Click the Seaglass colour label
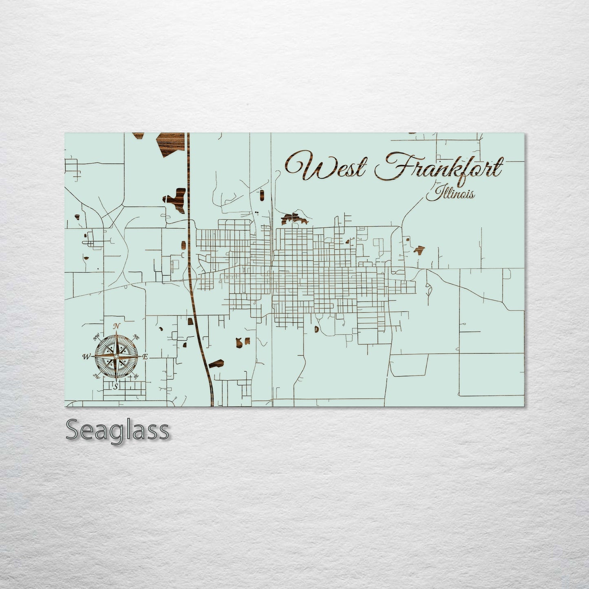tap(117, 430)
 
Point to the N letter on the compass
tap(117, 326)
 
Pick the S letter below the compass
tap(116, 386)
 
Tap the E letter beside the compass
tap(146, 357)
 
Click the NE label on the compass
tap(137, 338)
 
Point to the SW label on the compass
tap(97, 376)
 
